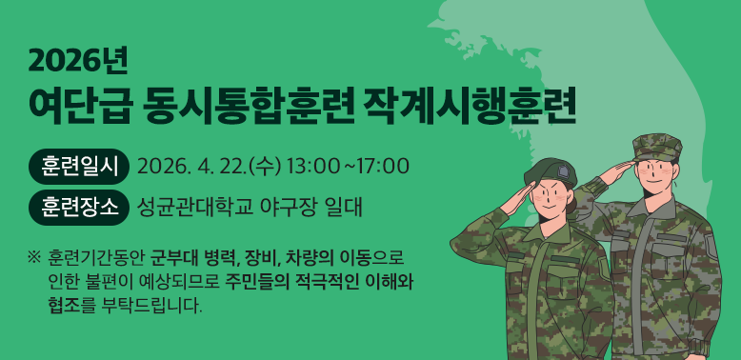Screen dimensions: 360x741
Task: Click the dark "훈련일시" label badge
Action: [x=79, y=167]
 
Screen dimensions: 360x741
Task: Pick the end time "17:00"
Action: [x=384, y=167]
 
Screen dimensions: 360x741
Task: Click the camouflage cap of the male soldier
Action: [x=657, y=146]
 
